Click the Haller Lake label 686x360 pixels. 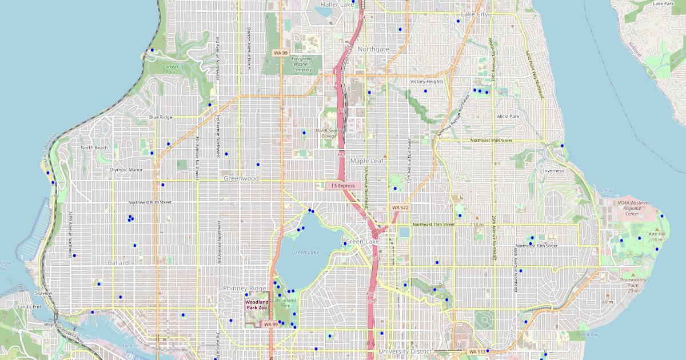click(x=337, y=5)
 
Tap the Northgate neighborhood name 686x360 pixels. click(x=373, y=49)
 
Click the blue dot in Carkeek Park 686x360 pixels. click(x=152, y=50)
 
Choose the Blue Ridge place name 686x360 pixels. click(x=161, y=117)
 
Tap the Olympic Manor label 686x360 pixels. click(x=127, y=170)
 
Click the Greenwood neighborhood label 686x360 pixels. click(x=241, y=178)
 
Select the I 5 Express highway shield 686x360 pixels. click(x=344, y=186)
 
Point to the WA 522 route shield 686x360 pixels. click(x=400, y=207)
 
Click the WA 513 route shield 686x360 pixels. click(x=476, y=351)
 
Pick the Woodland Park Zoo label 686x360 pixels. click(x=256, y=305)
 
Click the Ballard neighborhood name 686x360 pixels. click(x=118, y=263)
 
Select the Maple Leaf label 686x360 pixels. click(x=368, y=161)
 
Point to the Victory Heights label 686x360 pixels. click(x=426, y=82)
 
